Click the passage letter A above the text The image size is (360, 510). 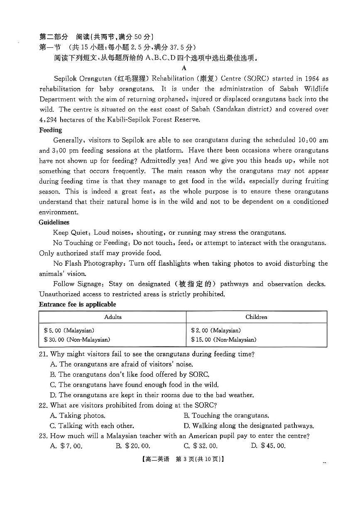click(x=184, y=68)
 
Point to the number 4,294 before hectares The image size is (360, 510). click(x=50, y=120)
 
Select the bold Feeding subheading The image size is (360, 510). click(x=50, y=130)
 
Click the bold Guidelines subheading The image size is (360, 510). click(x=54, y=222)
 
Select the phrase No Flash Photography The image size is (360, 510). click(x=88, y=263)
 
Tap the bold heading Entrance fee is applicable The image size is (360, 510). click(x=77, y=304)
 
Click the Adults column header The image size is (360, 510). click(x=113, y=317)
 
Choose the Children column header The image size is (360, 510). click(x=256, y=317)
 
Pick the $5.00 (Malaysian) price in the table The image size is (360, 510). click(x=69, y=331)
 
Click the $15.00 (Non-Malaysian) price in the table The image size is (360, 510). click(x=223, y=340)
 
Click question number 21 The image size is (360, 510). click(x=44, y=354)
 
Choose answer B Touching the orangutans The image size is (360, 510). click(x=226, y=415)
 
